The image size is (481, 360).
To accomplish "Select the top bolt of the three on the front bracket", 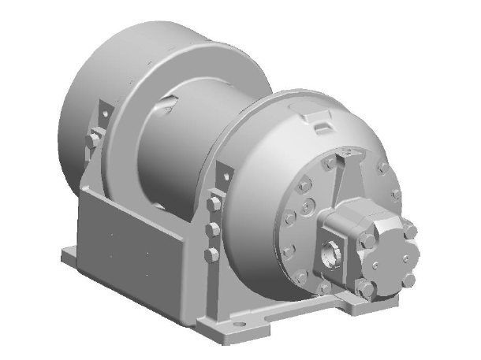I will coord(212,205).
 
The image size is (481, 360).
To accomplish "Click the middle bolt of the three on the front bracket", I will coord(212,229).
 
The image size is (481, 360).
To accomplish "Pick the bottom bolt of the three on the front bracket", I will coord(211,254).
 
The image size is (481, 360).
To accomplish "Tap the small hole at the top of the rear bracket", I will coord(101,109).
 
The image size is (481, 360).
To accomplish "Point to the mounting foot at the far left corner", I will coord(69,254).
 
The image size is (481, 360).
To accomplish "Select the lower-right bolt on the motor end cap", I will coord(408,277).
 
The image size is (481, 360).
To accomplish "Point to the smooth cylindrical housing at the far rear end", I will coord(87,87).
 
